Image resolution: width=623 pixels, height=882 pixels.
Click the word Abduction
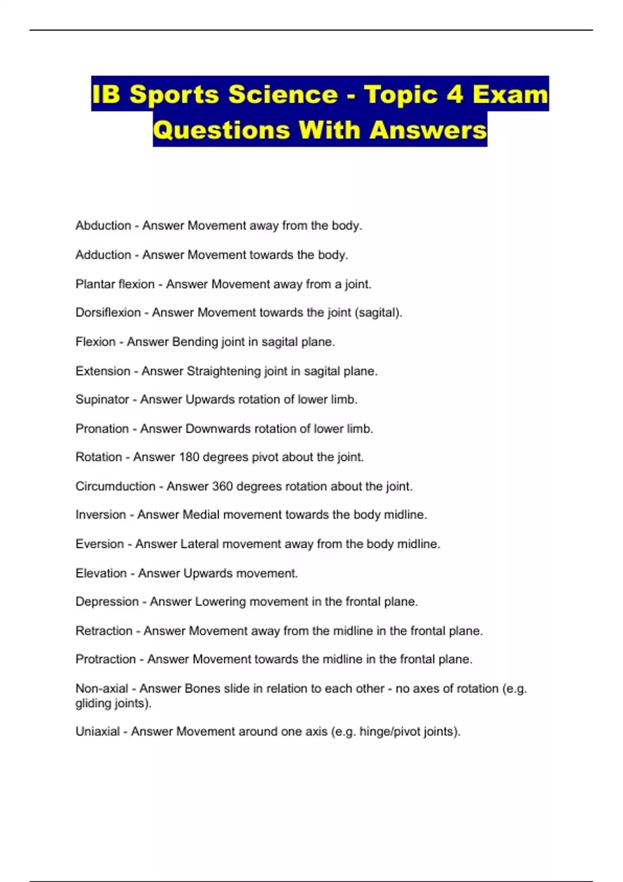(103, 226)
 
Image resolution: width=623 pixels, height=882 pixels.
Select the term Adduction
(103, 255)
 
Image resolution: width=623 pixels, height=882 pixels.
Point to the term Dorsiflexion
(108, 312)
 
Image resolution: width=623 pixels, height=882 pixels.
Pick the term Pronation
(102, 429)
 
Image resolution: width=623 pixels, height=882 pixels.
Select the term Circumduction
(115, 487)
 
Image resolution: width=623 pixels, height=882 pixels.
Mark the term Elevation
(101, 573)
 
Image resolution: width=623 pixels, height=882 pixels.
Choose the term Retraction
(104, 631)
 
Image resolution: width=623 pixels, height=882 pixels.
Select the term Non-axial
(102, 688)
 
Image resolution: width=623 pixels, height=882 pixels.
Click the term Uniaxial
(98, 732)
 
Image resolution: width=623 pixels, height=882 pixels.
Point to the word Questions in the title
(221, 130)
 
